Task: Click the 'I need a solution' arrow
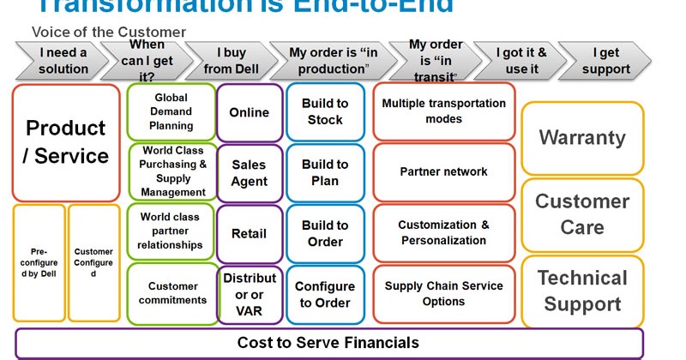(x=63, y=61)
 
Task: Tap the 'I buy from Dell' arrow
(x=231, y=61)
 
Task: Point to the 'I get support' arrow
(x=605, y=61)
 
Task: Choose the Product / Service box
(x=67, y=142)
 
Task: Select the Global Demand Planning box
(x=171, y=112)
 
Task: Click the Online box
(x=249, y=112)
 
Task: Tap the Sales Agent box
(x=249, y=172)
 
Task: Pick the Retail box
(x=249, y=233)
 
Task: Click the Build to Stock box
(x=325, y=112)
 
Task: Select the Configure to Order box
(x=325, y=294)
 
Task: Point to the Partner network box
(x=443, y=171)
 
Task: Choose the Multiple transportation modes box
(x=443, y=111)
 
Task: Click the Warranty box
(x=581, y=137)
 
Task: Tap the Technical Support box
(x=581, y=291)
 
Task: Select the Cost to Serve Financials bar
(x=328, y=343)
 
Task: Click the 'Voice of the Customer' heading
(x=108, y=32)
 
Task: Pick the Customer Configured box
(x=93, y=262)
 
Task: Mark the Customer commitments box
(x=171, y=294)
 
